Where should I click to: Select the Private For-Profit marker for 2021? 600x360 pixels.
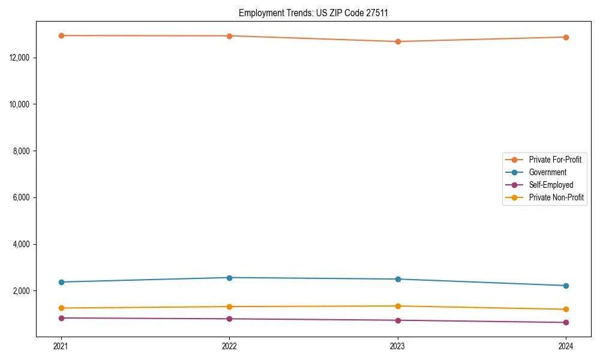coord(61,35)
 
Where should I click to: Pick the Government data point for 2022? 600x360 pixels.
coord(229,278)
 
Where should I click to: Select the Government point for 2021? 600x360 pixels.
coord(61,282)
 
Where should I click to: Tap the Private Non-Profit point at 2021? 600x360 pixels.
coord(61,308)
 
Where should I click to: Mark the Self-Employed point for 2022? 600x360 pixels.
coord(229,319)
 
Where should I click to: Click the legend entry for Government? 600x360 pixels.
coord(547,172)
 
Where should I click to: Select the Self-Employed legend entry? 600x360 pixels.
coord(551,185)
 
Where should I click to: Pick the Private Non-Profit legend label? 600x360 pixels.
coord(556,197)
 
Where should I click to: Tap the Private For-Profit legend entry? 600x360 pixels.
coord(555,160)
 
